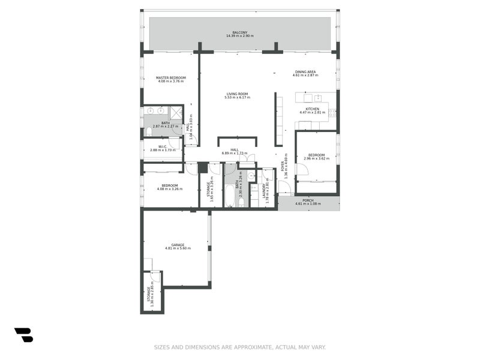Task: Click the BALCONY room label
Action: [239, 32]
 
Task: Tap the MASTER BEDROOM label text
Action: [171, 77]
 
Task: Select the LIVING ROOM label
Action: [237, 94]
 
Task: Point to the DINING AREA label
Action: [304, 71]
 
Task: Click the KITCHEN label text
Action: [312, 109]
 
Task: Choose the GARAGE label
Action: [178, 245]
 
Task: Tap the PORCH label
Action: [308, 200]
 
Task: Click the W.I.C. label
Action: [162, 146]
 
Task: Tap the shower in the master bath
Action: [176, 112]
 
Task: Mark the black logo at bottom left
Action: [23, 335]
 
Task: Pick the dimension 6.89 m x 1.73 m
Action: [235, 154]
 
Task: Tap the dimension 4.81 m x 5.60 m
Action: [178, 248]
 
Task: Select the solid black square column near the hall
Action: [203, 168]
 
